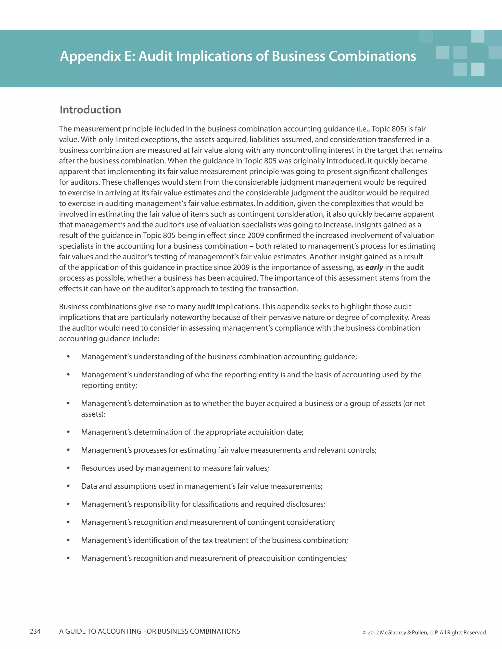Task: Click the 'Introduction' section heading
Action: tap(90, 110)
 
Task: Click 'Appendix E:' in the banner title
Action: tap(98, 56)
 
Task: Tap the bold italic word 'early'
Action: tap(374, 267)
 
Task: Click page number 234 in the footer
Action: tap(35, 631)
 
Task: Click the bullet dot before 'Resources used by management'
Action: tap(68, 468)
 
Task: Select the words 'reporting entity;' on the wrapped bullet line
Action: tap(109, 385)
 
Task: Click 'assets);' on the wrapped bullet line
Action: tap(93, 414)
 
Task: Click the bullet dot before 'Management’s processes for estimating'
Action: tap(68, 450)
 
